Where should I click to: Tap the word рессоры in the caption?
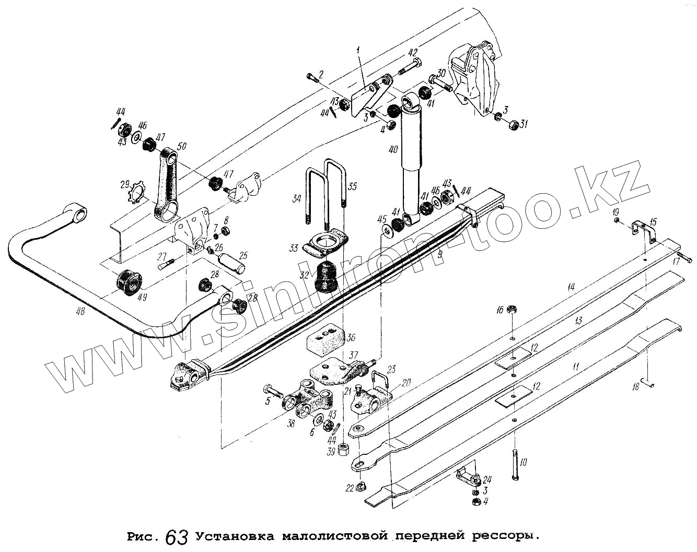pyautogui.click(x=505, y=536)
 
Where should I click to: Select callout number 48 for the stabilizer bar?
pyautogui.click(x=79, y=312)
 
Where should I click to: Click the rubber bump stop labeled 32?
pyautogui.click(x=326, y=277)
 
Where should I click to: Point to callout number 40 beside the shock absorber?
pyautogui.click(x=393, y=150)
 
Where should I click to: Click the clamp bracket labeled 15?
pyautogui.click(x=644, y=229)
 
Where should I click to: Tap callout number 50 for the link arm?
pyautogui.click(x=182, y=147)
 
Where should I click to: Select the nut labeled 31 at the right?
pyautogui.click(x=514, y=125)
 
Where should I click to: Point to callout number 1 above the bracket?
pyautogui.click(x=358, y=50)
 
